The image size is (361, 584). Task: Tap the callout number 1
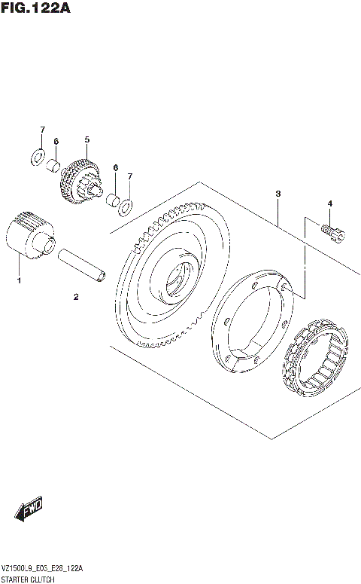click(20, 281)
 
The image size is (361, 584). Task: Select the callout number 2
click(76, 297)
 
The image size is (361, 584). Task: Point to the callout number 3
click(278, 194)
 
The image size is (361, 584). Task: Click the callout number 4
click(329, 203)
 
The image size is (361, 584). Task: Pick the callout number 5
click(86, 139)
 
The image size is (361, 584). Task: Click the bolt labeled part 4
click(331, 233)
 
